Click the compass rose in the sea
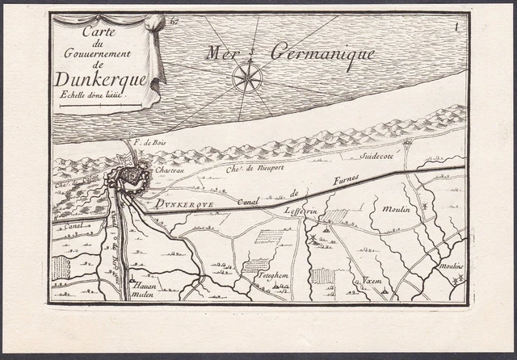pyautogui.click(x=247, y=77)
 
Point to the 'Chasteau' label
pyautogui.click(x=170, y=170)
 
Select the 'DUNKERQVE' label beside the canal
pyautogui.click(x=185, y=205)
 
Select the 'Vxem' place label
pyautogui.click(x=372, y=280)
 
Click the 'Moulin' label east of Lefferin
pyautogui.click(x=397, y=209)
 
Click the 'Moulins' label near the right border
pyautogui.click(x=451, y=265)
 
